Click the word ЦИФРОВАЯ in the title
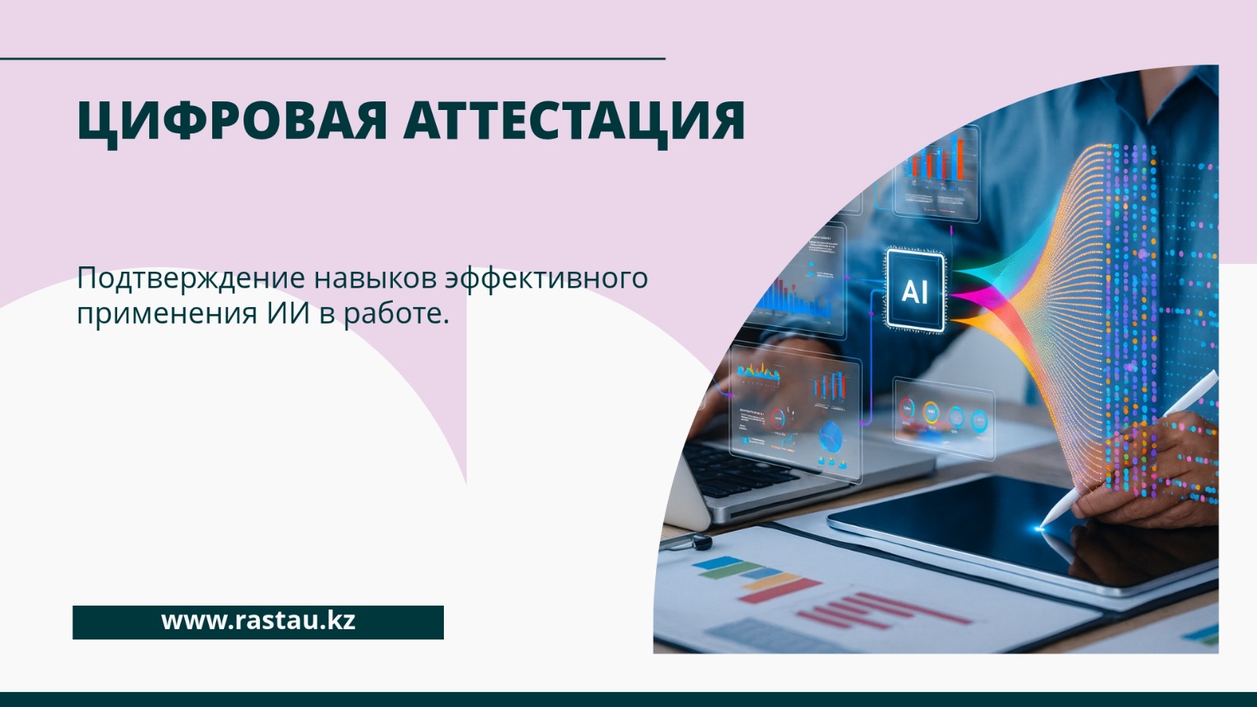coord(232,122)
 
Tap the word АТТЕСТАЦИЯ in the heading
coord(574,122)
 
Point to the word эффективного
coord(547,279)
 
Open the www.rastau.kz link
coord(258,621)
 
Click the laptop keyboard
coord(746,471)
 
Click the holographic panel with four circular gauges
coord(944,418)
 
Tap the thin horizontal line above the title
coord(333,58)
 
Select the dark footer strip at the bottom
coord(628,700)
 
